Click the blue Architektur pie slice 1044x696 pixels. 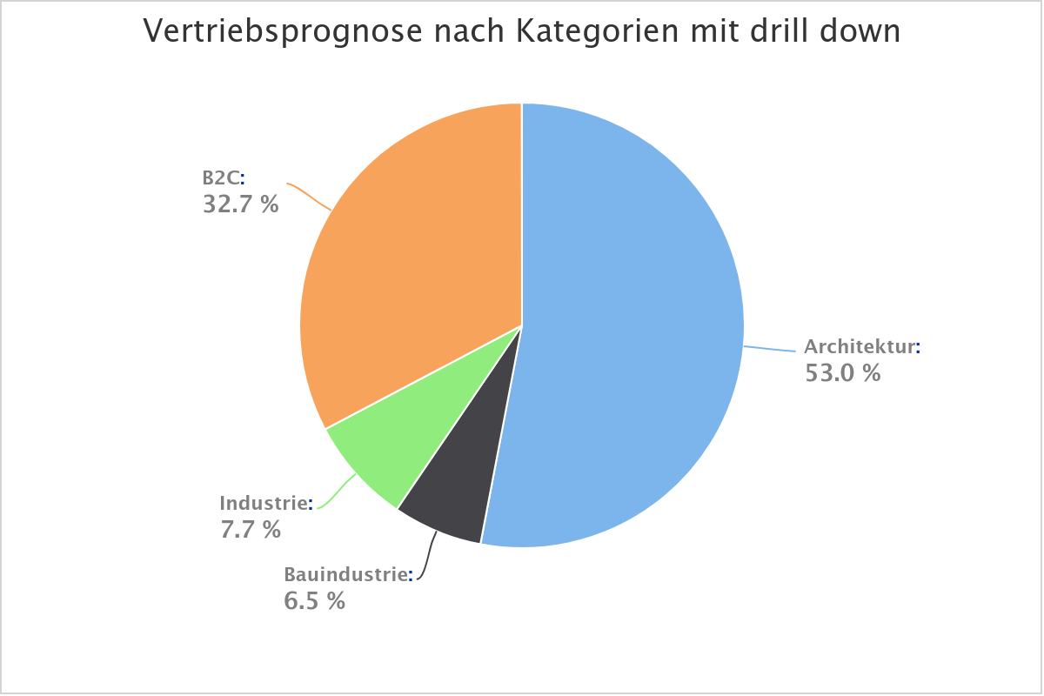(626, 331)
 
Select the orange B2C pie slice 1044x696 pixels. (418, 261)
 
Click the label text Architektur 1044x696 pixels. (860, 346)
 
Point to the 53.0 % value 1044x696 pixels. (842, 373)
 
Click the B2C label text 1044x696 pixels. (222, 178)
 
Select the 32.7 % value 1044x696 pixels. (241, 205)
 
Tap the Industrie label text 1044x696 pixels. (264, 503)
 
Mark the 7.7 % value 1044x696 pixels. (251, 529)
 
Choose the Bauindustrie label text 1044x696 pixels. (346, 574)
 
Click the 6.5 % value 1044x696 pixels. (314, 600)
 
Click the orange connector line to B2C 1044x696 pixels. (310, 197)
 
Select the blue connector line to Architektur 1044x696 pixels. (770, 349)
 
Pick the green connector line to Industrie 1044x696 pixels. (339, 494)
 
